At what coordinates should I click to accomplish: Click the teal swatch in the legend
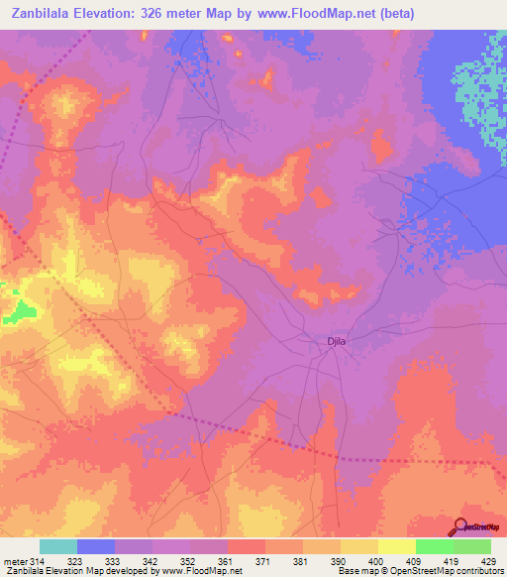(58, 546)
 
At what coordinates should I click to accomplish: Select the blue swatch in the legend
(96, 546)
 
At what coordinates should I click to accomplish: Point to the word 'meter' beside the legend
(15, 562)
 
